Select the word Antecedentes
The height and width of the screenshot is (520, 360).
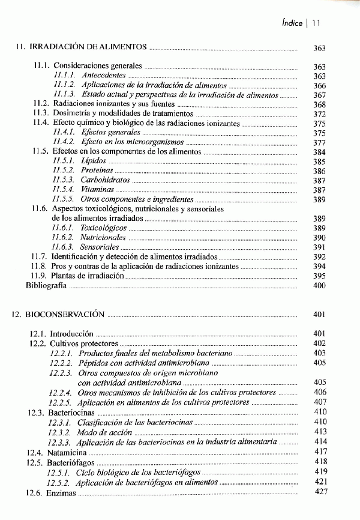pyautogui.click(x=104, y=76)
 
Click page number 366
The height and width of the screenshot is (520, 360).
pyautogui.click(x=319, y=86)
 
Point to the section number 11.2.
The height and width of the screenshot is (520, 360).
pyautogui.click(x=41, y=104)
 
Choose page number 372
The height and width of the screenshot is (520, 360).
pyautogui.click(x=319, y=113)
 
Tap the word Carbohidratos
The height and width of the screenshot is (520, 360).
pyautogui.click(x=106, y=180)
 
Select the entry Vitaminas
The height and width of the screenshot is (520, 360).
pyautogui.click(x=98, y=190)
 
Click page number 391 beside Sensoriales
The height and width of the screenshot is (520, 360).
pyautogui.click(x=319, y=247)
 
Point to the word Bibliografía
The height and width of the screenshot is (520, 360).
pyautogui.click(x=46, y=285)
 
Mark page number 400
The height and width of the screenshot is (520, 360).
pyautogui.click(x=319, y=285)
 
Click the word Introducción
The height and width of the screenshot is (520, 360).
pyautogui.click(x=71, y=333)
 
